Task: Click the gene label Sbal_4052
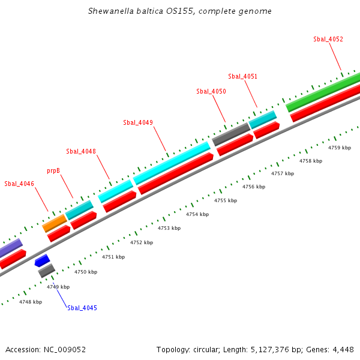328,39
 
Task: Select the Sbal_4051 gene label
243,76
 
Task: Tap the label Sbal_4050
211,91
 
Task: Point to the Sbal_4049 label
138,122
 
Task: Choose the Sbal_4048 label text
81,151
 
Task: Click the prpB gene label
53,171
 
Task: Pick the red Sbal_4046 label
19,184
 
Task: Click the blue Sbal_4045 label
82,308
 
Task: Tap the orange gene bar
55,223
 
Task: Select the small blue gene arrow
42,260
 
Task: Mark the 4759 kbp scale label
340,147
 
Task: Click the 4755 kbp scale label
226,200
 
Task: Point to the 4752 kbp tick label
142,242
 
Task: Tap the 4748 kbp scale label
31,302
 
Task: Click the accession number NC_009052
65,349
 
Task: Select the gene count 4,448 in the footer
342,349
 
